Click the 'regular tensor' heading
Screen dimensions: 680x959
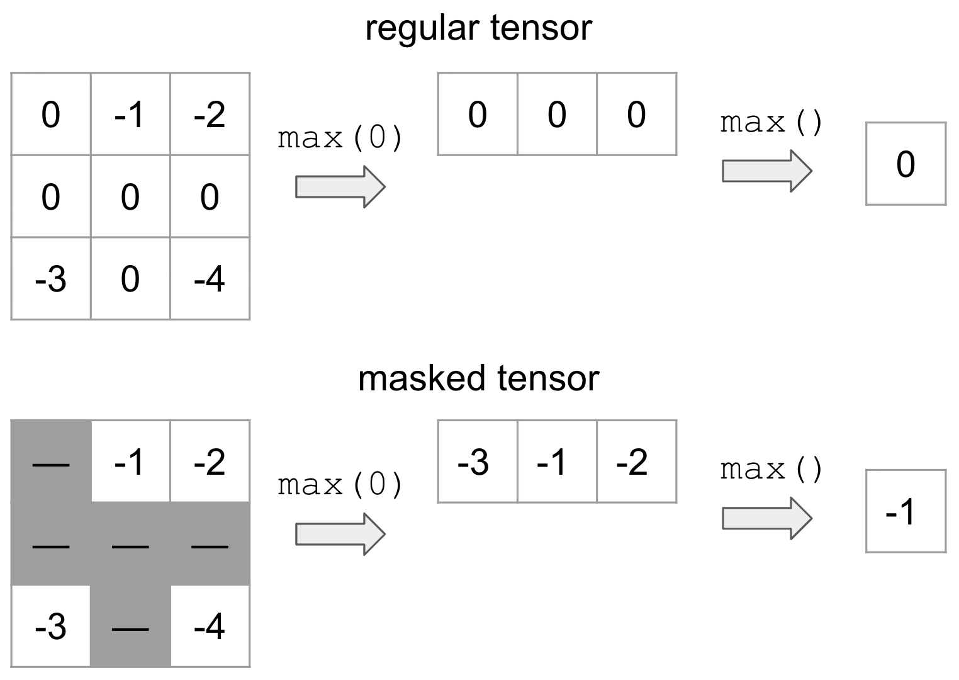point(478,29)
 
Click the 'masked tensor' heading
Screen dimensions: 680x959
point(478,379)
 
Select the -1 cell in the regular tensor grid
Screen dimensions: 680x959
point(130,115)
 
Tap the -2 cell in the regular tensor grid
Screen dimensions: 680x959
point(210,115)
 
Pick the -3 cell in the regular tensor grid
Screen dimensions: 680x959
point(51,279)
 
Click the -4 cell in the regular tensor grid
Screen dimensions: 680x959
point(210,279)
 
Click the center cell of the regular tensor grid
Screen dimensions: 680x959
point(130,196)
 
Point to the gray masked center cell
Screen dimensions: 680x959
point(130,544)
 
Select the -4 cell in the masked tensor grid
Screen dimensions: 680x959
point(210,626)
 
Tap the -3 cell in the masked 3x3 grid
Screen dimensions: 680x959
point(51,626)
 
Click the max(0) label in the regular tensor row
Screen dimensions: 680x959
point(340,138)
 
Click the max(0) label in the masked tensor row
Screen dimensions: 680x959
point(340,485)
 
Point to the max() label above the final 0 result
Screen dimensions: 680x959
point(771,123)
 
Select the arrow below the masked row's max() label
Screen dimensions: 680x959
point(767,518)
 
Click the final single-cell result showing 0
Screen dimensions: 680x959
point(906,164)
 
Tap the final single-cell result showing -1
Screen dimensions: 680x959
point(906,511)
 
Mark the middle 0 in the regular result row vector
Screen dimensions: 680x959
point(557,115)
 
